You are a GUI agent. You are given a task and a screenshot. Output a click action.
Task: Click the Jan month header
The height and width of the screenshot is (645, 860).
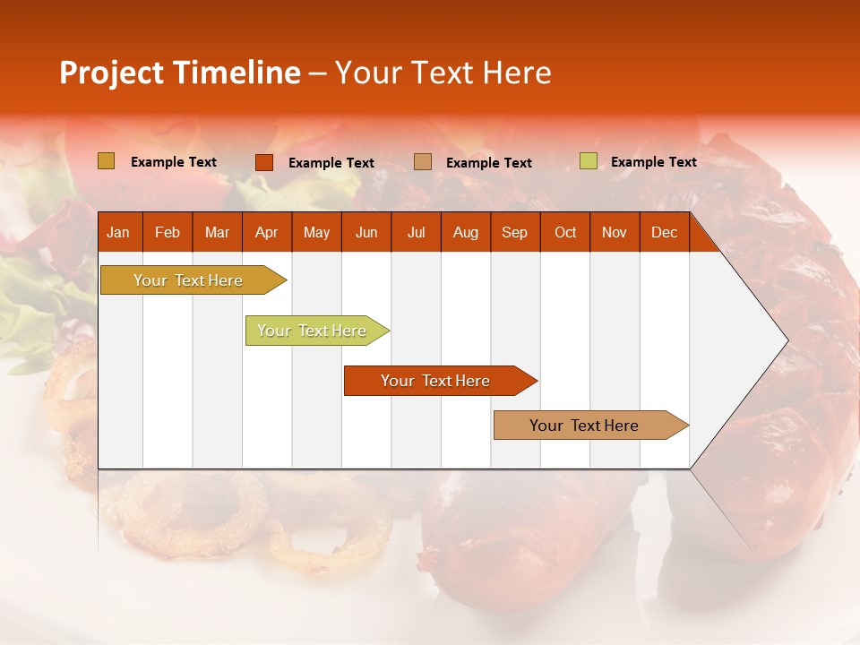click(x=118, y=232)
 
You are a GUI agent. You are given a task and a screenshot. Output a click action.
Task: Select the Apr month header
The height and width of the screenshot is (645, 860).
click(x=266, y=232)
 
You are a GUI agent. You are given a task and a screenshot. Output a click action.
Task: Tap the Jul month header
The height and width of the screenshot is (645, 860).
click(x=416, y=232)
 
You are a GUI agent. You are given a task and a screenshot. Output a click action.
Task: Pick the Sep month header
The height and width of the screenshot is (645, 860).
click(x=514, y=232)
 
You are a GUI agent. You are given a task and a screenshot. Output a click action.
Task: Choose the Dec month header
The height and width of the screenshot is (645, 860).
click(x=664, y=232)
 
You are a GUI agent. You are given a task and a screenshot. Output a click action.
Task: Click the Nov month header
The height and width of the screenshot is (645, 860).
click(x=614, y=232)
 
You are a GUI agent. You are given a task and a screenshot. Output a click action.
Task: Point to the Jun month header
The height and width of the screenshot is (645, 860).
click(x=366, y=232)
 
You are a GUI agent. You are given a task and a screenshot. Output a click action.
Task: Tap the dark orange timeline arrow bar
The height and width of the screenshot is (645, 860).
click(x=436, y=381)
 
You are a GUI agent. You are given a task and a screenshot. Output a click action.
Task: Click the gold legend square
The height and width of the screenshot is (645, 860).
click(x=106, y=161)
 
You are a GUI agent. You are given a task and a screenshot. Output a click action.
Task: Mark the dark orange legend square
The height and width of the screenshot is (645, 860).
click(x=263, y=162)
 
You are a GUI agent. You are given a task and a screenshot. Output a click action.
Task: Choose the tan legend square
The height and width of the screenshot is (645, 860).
click(x=422, y=162)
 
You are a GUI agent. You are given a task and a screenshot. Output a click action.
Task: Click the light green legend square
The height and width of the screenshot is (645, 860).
click(x=588, y=161)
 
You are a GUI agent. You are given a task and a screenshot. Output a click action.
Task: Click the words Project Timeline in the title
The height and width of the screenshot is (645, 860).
click(x=179, y=73)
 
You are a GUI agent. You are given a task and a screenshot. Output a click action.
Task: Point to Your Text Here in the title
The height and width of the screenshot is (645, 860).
click(x=443, y=73)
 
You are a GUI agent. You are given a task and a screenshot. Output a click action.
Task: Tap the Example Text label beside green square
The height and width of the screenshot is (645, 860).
click(x=653, y=162)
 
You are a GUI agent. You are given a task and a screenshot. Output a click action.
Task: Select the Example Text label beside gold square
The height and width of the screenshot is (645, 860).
click(x=173, y=162)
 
